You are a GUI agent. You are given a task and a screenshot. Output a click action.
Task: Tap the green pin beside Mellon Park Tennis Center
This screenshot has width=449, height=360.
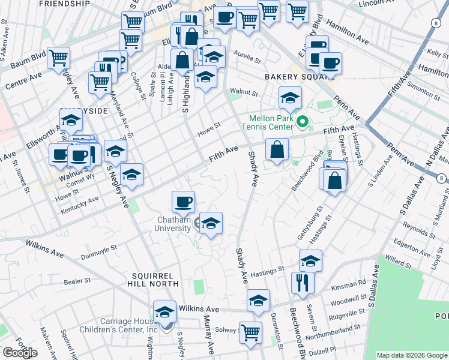(303, 124)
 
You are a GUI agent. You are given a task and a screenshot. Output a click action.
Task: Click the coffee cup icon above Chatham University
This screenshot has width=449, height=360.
(183, 202)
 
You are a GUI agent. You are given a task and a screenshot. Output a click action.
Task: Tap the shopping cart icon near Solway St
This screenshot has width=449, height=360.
(250, 332)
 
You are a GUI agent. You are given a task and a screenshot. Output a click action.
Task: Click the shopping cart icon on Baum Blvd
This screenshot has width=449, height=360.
(59, 58)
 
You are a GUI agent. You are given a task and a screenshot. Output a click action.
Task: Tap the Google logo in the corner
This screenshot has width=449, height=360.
(20, 353)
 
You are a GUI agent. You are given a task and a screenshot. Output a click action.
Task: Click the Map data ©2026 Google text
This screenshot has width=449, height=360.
(412, 355)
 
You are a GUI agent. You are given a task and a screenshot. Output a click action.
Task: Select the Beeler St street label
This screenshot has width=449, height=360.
(77, 280)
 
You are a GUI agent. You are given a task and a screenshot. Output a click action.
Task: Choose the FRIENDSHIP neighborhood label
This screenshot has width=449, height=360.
(60, 4)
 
